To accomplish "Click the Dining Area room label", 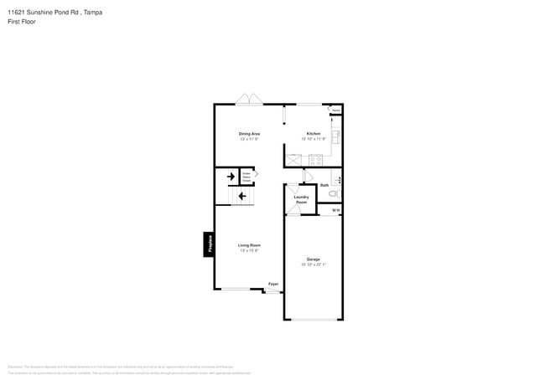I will (249, 134).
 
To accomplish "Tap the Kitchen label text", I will (313, 134).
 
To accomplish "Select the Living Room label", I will (249, 245).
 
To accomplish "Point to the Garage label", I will (313, 259).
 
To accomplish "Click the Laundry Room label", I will (301, 200).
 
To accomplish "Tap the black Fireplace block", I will (208, 244).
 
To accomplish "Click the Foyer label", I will (273, 285).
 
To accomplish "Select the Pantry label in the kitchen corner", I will (335, 110).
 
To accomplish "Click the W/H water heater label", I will (335, 210).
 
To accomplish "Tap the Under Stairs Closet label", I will (247, 177).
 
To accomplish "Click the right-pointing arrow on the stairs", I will (231, 177).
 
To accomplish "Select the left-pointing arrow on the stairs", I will (242, 197).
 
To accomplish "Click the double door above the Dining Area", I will (249, 100).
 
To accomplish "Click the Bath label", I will (324, 185).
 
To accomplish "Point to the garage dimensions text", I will (313, 264).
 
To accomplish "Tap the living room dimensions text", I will (249, 250).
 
